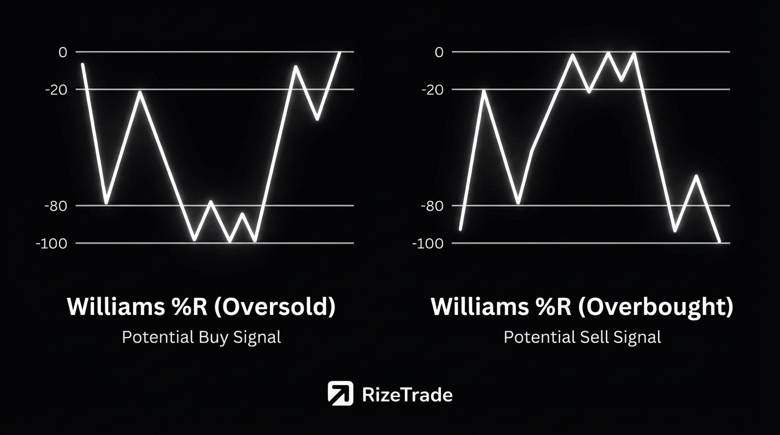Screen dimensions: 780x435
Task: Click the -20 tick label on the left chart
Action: pos(56,90)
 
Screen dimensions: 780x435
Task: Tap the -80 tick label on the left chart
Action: pos(56,206)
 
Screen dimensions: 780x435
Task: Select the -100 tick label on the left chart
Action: pos(52,244)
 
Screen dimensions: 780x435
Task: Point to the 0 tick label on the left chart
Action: pos(63,53)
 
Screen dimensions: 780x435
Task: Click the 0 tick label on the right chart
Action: pos(439,53)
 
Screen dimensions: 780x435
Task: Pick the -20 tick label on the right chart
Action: pos(433,90)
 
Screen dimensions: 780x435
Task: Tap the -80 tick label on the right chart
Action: pos(433,206)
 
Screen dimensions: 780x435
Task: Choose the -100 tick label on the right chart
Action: pos(428,244)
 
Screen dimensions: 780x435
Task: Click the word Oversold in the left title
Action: pos(274,306)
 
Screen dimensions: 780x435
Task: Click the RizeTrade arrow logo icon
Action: pos(340,393)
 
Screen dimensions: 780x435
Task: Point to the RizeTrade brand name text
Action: pos(408,395)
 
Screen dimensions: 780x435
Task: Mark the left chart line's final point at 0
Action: pos(340,53)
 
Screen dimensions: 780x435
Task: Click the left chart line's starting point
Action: pos(83,65)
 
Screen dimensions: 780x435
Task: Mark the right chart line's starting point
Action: pos(460,229)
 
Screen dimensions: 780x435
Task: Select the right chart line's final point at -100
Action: pos(719,242)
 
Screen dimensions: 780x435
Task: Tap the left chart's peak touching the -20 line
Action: pos(139,92)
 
